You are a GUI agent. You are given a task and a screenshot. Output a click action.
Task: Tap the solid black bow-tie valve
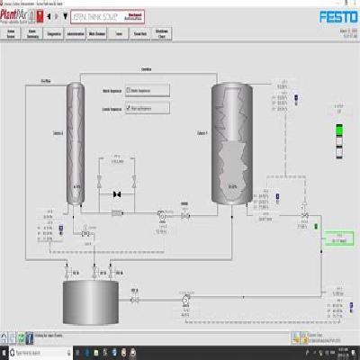[115, 194]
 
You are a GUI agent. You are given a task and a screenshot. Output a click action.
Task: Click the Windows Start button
[4, 355]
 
